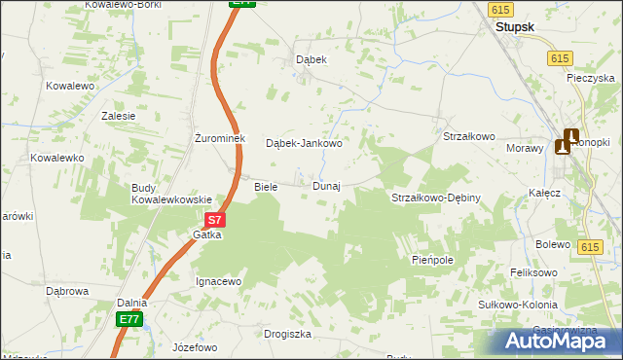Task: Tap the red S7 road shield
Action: click(216, 221)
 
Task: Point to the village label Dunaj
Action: click(326, 186)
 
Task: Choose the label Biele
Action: click(266, 186)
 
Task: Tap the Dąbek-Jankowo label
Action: click(304, 144)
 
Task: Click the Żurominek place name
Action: click(224, 137)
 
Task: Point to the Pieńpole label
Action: click(433, 261)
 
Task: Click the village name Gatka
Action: click(207, 235)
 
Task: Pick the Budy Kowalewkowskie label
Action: click(171, 194)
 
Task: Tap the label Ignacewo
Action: click(218, 281)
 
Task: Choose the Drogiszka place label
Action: click(287, 334)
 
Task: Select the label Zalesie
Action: click(119, 115)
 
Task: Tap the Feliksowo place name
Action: click(534, 273)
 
